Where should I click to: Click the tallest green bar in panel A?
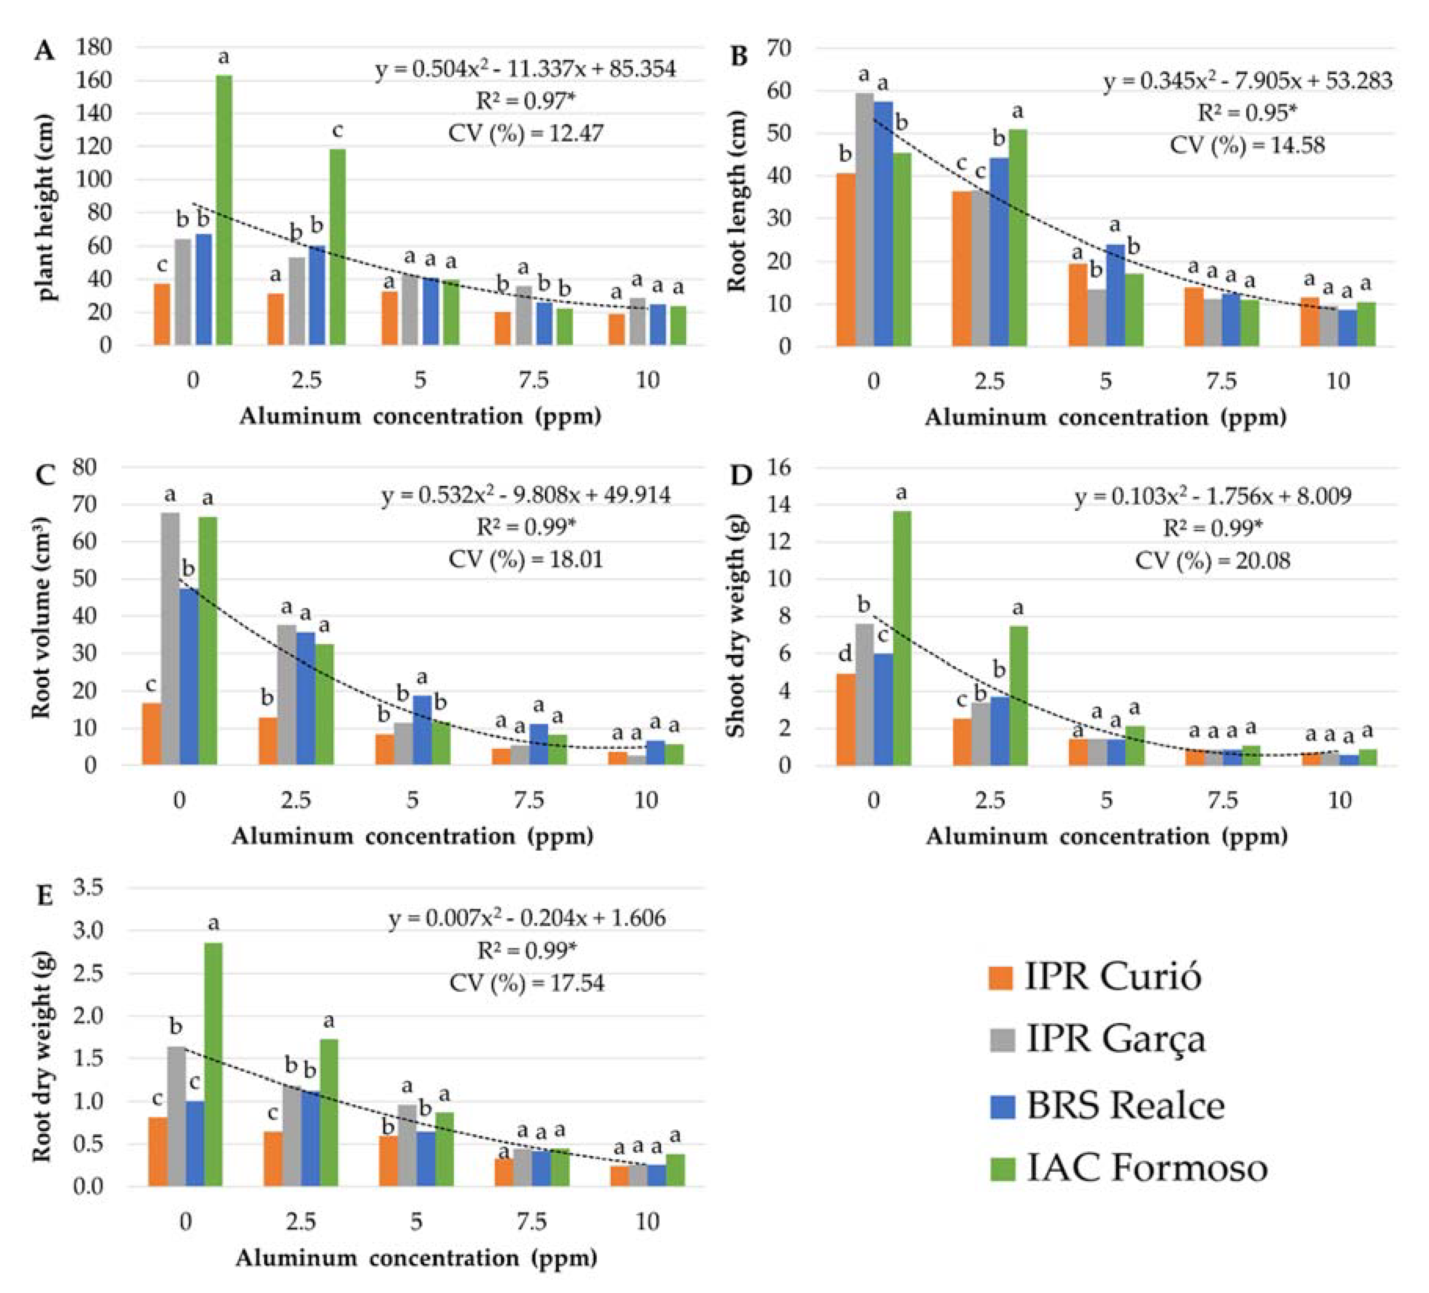coord(224,210)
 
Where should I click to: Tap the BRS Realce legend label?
coord(1125,1105)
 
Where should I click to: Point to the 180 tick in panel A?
coord(94,47)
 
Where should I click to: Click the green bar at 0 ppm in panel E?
coord(213,1064)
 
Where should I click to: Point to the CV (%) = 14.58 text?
coord(1247,146)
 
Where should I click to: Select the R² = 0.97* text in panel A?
coord(525,101)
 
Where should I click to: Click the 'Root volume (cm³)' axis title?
coord(41,617)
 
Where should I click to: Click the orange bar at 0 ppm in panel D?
coord(845,719)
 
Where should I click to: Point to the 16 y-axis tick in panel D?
coord(779,467)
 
